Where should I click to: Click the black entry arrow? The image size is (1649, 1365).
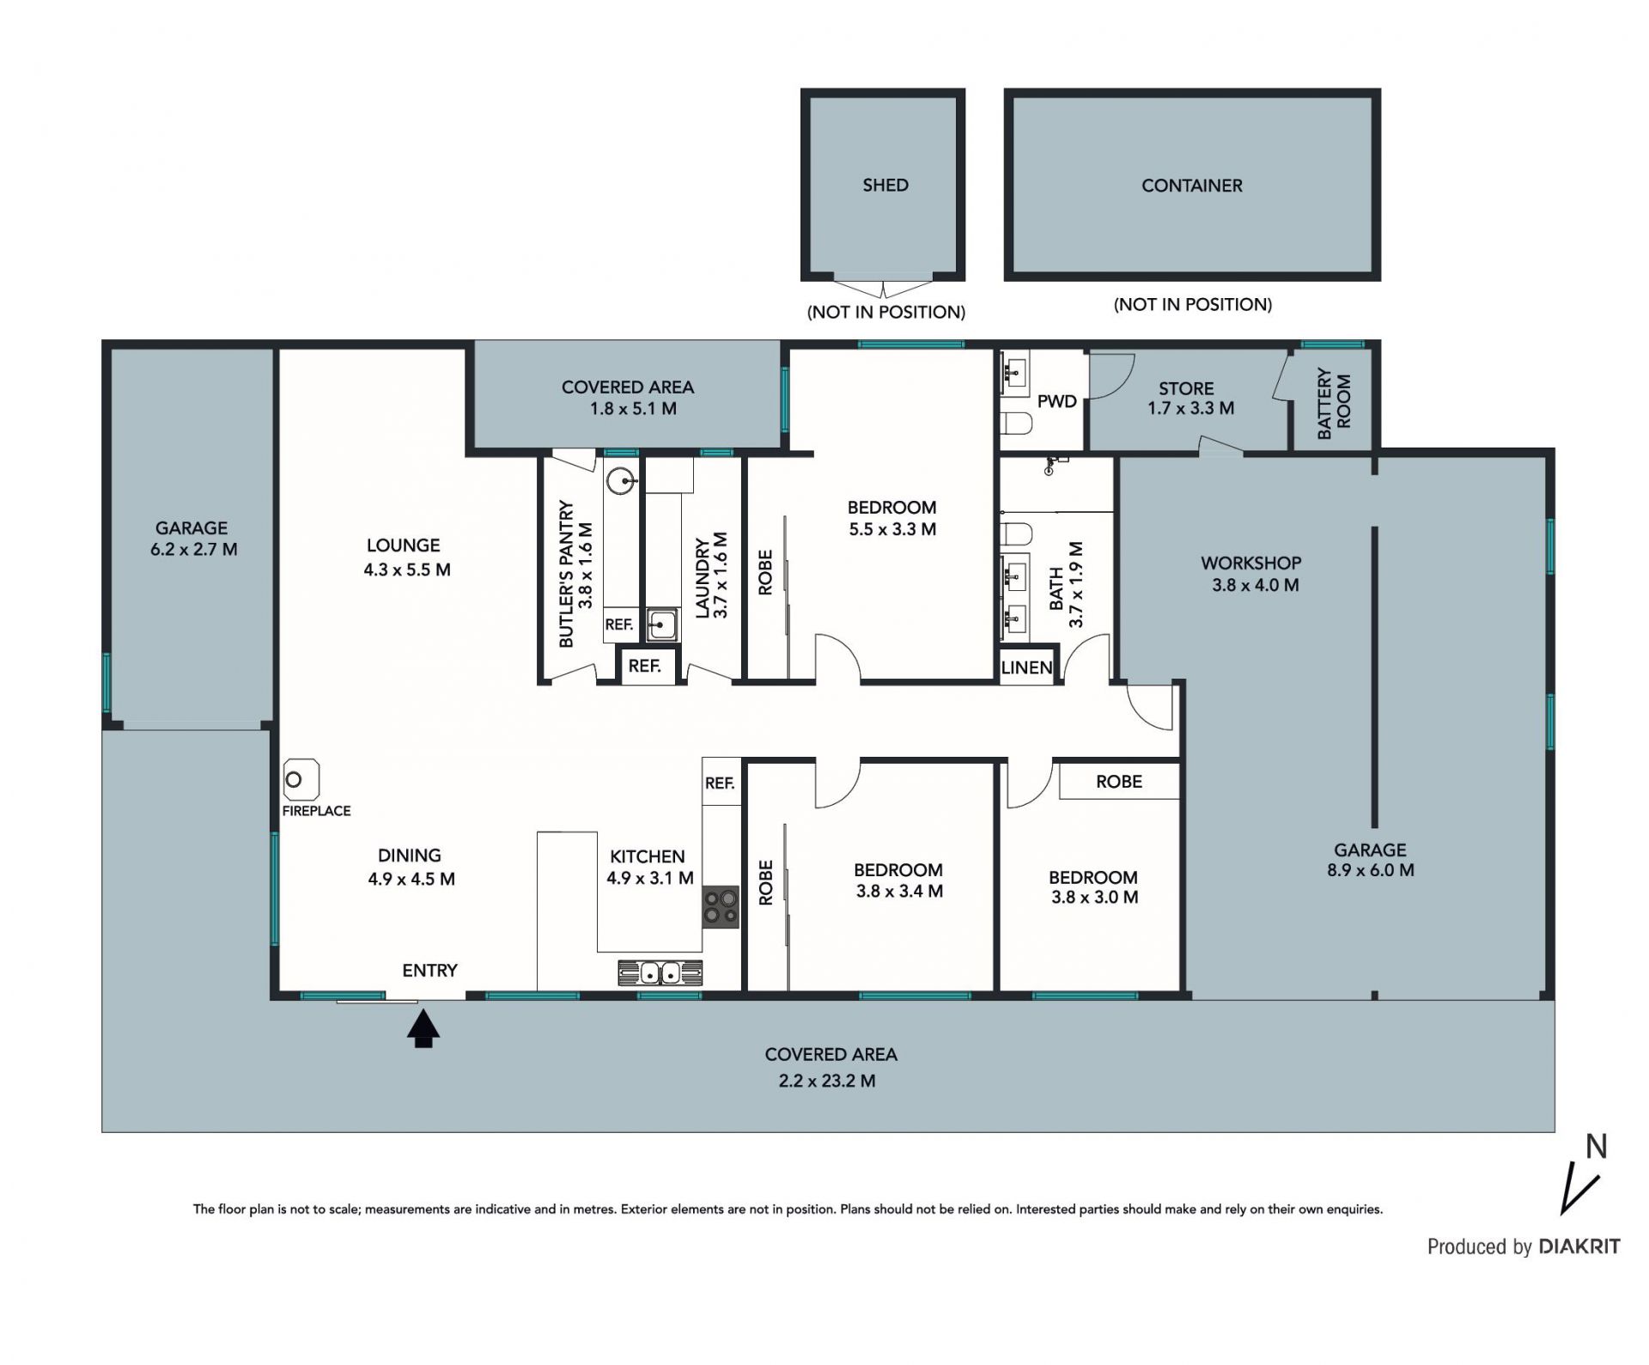click(x=423, y=1028)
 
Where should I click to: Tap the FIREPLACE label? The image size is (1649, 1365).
click(x=316, y=811)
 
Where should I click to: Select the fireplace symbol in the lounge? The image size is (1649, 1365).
click(x=301, y=780)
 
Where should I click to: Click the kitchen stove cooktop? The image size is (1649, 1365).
click(x=721, y=907)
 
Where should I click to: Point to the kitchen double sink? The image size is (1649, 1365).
click(x=660, y=973)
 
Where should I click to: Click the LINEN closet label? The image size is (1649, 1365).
click(x=1027, y=667)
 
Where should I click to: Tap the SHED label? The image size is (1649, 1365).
click(x=885, y=185)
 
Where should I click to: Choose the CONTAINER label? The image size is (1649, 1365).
click(x=1191, y=186)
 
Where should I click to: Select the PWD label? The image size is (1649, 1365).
click(x=1056, y=401)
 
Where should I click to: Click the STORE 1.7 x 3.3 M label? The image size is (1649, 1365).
click(x=1190, y=399)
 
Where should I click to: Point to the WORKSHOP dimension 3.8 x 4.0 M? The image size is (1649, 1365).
click(x=1255, y=586)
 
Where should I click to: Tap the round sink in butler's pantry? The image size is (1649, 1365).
click(x=620, y=481)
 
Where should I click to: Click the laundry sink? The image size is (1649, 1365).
click(x=661, y=625)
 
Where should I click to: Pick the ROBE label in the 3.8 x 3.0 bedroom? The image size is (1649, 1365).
click(x=1118, y=782)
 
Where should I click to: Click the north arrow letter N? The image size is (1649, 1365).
click(x=1596, y=1147)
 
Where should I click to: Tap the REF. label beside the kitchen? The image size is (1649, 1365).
click(x=720, y=783)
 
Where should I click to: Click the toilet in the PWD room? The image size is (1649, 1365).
click(x=1016, y=424)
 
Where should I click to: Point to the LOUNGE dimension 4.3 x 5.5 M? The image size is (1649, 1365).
click(x=407, y=570)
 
